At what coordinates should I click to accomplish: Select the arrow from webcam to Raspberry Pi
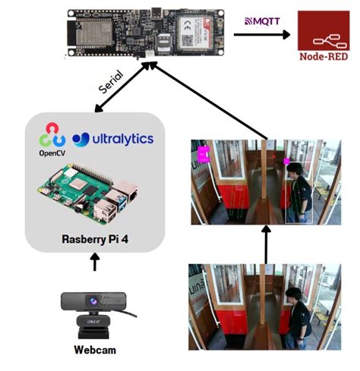click(95, 263)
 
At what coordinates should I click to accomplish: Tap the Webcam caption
click(95, 351)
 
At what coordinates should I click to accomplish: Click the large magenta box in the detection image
click(204, 155)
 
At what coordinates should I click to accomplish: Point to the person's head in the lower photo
click(295, 294)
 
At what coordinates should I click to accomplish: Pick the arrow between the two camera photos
click(266, 244)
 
